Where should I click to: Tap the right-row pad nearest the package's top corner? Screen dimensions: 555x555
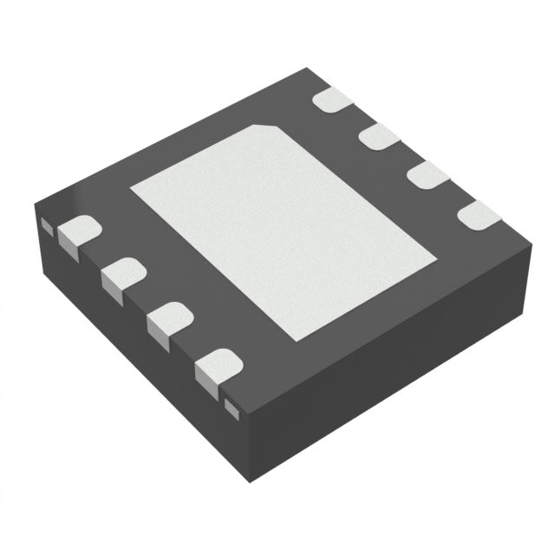click(332, 99)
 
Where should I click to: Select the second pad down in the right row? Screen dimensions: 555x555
click(378, 136)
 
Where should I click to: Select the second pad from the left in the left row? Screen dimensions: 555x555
click(122, 275)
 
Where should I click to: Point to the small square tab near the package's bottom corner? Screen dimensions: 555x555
click(232, 405)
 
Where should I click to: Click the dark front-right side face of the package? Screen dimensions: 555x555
click(390, 364)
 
